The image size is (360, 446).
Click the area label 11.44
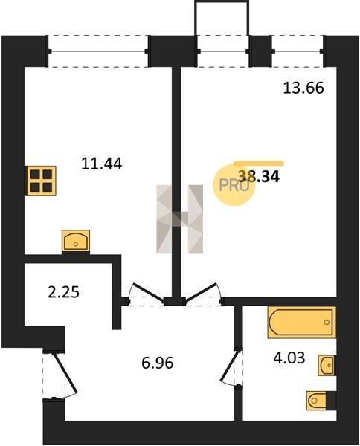(x=102, y=164)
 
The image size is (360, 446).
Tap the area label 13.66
(x=303, y=88)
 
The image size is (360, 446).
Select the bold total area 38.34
(x=259, y=176)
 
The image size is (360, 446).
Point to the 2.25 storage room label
(x=63, y=292)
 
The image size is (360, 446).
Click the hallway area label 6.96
(x=158, y=363)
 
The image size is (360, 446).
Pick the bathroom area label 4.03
(x=289, y=358)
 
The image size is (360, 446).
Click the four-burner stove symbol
(x=42, y=181)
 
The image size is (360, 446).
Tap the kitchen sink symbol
(x=76, y=241)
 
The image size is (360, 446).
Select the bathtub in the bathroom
(x=302, y=323)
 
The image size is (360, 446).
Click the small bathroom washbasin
(x=327, y=365)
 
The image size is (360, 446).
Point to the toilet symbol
(x=321, y=401)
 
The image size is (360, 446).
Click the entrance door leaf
(x=65, y=373)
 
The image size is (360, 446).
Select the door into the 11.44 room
(x=149, y=292)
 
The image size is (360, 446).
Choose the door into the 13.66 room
(x=200, y=291)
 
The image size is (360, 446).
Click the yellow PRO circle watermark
(x=234, y=185)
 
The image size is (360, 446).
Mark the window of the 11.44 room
(x=98, y=51)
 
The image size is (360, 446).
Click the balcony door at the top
(x=223, y=51)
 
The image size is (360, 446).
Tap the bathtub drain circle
(x=327, y=323)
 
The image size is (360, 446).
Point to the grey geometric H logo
(x=179, y=219)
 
